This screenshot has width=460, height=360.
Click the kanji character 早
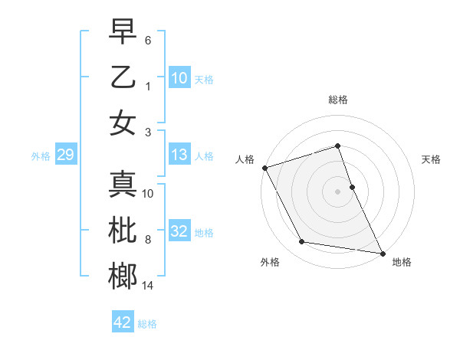[x=123, y=31]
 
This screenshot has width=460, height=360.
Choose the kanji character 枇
[x=123, y=231]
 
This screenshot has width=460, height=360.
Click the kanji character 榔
[x=123, y=277]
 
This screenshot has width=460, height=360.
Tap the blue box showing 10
[x=179, y=77]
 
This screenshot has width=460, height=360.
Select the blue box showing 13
[x=179, y=155]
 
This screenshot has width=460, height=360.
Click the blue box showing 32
[x=179, y=231]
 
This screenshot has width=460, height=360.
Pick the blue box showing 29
[x=65, y=155]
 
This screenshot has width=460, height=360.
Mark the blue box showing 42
[x=122, y=322]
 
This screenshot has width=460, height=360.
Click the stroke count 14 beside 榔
[x=148, y=286]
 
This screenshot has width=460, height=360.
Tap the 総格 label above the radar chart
[x=337, y=100]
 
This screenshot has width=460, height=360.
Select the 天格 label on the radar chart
[x=431, y=159]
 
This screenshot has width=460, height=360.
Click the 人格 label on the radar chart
[x=245, y=159]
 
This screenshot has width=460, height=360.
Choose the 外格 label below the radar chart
[x=269, y=262]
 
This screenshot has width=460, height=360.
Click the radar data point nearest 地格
[x=381, y=252]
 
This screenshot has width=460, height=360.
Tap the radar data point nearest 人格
[x=264, y=168]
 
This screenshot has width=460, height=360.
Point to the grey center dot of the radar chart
[x=337, y=191]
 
